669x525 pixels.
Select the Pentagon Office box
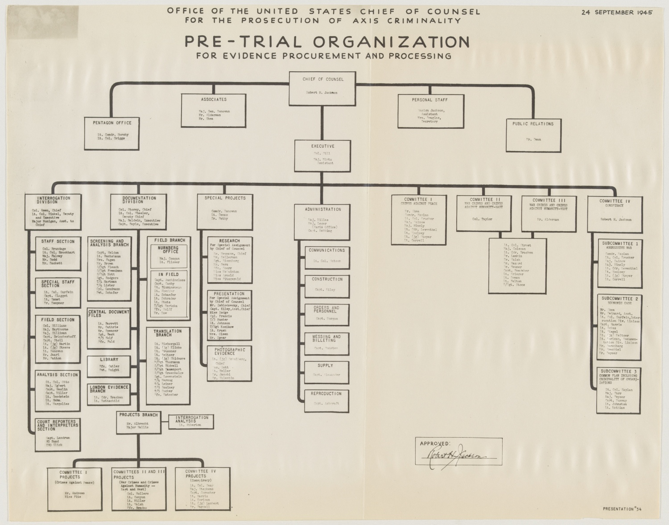[112, 133]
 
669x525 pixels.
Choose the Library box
[109, 365]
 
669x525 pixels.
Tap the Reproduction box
[326, 399]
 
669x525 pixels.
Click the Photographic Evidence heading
[230, 352]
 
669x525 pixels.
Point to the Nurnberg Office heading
[168, 250]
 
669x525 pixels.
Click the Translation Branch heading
[168, 333]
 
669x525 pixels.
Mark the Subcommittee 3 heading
[620, 371]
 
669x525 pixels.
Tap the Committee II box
[487, 213]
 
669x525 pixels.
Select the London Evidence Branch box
[109, 394]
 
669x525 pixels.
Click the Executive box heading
[323, 146]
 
